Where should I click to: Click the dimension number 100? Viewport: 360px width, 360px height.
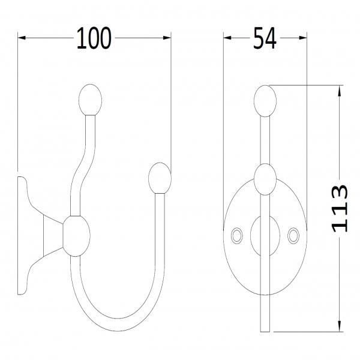click(94, 38)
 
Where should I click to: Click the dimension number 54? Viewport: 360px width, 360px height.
click(265, 38)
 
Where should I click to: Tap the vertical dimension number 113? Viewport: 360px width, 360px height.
click(340, 208)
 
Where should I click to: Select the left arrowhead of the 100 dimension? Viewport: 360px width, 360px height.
click(22, 38)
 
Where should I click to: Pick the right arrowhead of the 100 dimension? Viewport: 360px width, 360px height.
click(167, 38)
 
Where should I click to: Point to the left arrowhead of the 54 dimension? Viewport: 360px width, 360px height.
click(227, 38)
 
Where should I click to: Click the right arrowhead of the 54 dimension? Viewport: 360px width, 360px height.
click(303, 38)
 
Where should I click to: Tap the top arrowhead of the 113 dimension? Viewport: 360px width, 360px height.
click(340, 90)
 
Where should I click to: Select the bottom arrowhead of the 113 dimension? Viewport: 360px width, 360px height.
click(340, 328)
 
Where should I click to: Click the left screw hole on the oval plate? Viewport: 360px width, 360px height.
click(237, 236)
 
